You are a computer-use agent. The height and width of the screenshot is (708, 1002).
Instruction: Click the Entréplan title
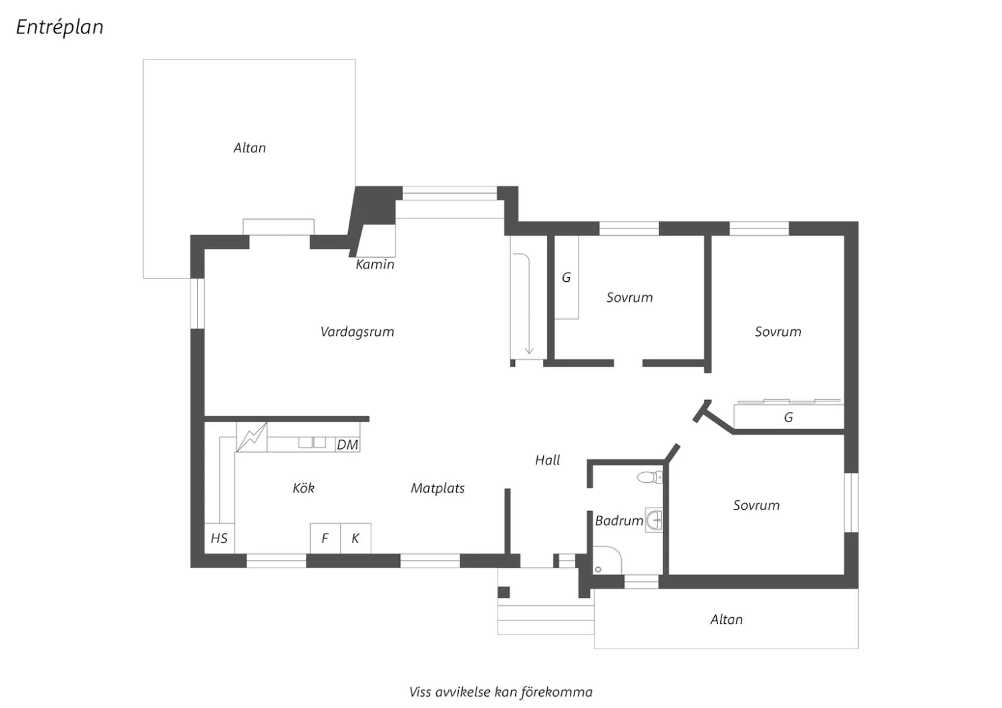point(59,27)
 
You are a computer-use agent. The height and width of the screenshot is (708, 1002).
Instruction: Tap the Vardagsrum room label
point(357,333)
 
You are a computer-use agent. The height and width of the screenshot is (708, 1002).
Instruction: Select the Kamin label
point(375,264)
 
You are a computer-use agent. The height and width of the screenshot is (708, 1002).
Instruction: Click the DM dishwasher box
point(347,445)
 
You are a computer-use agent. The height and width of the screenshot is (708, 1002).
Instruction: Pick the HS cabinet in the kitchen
point(219,538)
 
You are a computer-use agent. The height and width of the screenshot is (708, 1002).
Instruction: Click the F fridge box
point(325,538)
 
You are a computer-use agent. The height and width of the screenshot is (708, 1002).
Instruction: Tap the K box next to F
point(355,538)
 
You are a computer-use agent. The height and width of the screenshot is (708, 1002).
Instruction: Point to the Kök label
point(303,488)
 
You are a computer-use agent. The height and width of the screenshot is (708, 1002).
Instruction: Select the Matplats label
point(438,488)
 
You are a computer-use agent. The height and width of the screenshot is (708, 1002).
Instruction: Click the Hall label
point(548,460)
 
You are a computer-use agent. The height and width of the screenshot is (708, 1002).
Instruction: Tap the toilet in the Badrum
point(650,477)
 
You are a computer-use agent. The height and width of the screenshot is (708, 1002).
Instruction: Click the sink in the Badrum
point(654,520)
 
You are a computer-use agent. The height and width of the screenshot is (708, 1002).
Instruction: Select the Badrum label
point(619,520)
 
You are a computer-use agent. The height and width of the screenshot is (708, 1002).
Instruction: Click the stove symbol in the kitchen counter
point(252,437)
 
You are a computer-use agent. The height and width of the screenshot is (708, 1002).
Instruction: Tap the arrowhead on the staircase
point(529,350)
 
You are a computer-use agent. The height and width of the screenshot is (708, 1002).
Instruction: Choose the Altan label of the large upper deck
point(250,148)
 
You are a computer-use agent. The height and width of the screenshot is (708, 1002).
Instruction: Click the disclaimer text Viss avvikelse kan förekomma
point(500,693)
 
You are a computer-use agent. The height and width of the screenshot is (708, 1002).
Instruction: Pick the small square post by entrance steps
point(504,592)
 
